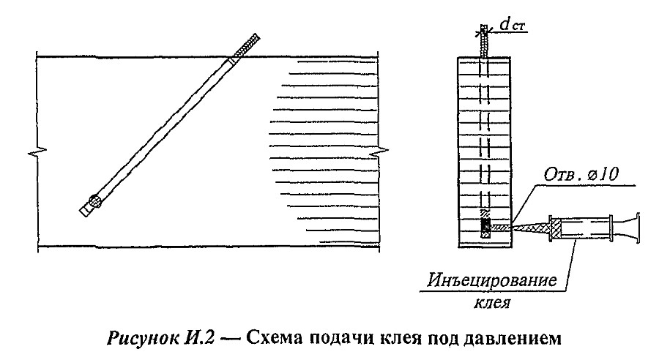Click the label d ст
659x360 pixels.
point(513,25)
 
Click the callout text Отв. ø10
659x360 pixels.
point(581,174)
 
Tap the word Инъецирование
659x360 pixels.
point(492,280)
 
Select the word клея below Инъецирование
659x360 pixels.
point(492,302)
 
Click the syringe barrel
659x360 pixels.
point(580,228)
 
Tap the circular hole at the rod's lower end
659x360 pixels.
point(94,200)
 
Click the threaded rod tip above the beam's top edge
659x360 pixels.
point(247,45)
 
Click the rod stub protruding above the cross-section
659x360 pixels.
point(484,41)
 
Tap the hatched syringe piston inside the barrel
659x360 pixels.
point(556,228)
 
